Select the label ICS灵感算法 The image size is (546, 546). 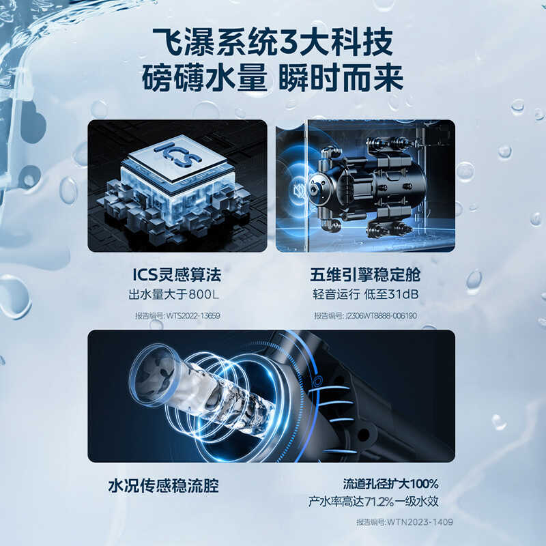177,275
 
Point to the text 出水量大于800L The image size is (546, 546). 177,295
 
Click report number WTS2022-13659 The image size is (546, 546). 177,315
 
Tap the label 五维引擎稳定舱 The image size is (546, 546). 365,275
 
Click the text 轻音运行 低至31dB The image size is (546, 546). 365,295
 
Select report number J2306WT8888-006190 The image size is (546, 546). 365,315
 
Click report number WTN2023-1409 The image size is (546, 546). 405,522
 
